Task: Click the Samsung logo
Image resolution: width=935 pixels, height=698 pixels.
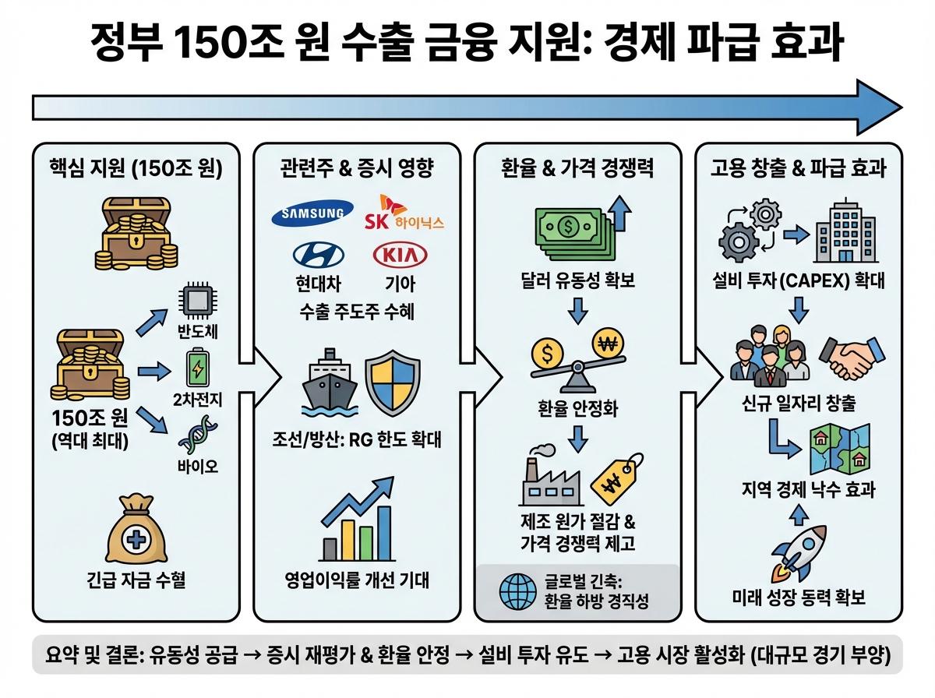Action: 307,214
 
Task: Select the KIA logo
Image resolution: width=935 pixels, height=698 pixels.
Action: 400,256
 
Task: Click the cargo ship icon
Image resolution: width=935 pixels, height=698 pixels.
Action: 327,388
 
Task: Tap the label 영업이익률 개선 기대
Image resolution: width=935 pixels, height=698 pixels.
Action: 357,581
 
